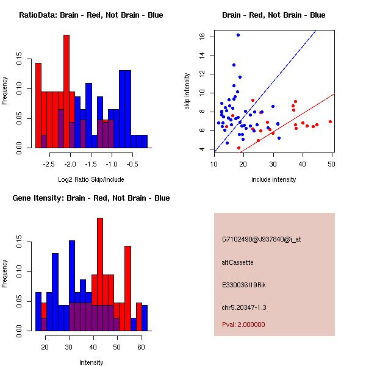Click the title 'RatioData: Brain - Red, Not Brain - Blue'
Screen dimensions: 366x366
click(x=91, y=15)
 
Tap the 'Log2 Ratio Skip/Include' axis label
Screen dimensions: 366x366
click(x=91, y=179)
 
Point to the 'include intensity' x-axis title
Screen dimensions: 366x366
click(x=274, y=179)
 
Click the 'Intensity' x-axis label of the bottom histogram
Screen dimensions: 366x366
click(x=91, y=362)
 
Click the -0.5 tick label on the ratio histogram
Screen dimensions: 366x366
click(x=132, y=164)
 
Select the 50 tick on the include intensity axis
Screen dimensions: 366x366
click(x=332, y=164)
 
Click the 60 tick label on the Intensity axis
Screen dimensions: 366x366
click(x=142, y=347)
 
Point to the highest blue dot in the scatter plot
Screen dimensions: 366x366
click(x=238, y=35)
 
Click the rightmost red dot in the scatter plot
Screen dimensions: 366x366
click(x=330, y=121)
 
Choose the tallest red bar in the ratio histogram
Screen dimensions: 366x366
click(x=66, y=91)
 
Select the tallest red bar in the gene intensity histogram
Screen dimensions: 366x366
click(x=100, y=274)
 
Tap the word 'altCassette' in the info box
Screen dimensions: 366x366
click(x=237, y=262)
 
